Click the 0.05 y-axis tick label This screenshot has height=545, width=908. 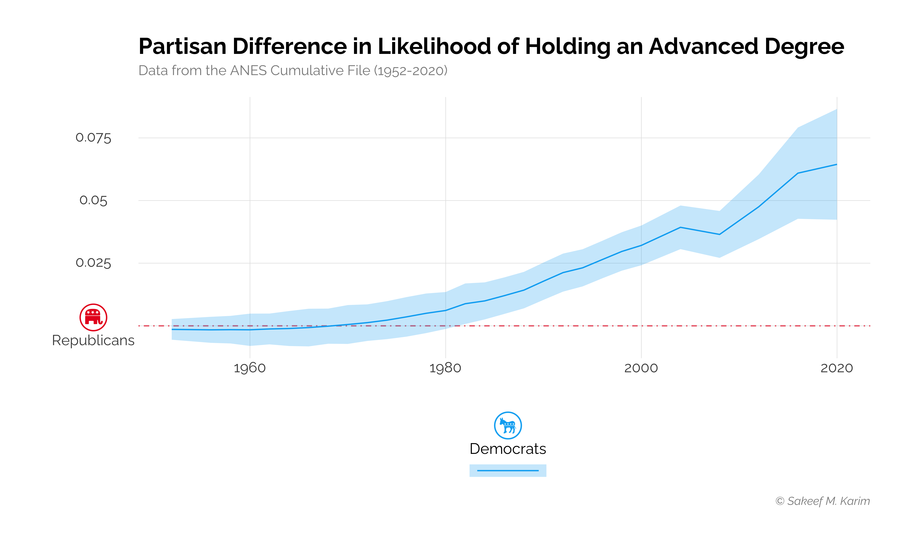pyautogui.click(x=93, y=201)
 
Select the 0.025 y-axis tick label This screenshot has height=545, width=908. pyautogui.click(x=93, y=263)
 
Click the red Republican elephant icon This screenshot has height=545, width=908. pyautogui.click(x=93, y=317)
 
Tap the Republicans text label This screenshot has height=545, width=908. pyautogui.click(x=93, y=340)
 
